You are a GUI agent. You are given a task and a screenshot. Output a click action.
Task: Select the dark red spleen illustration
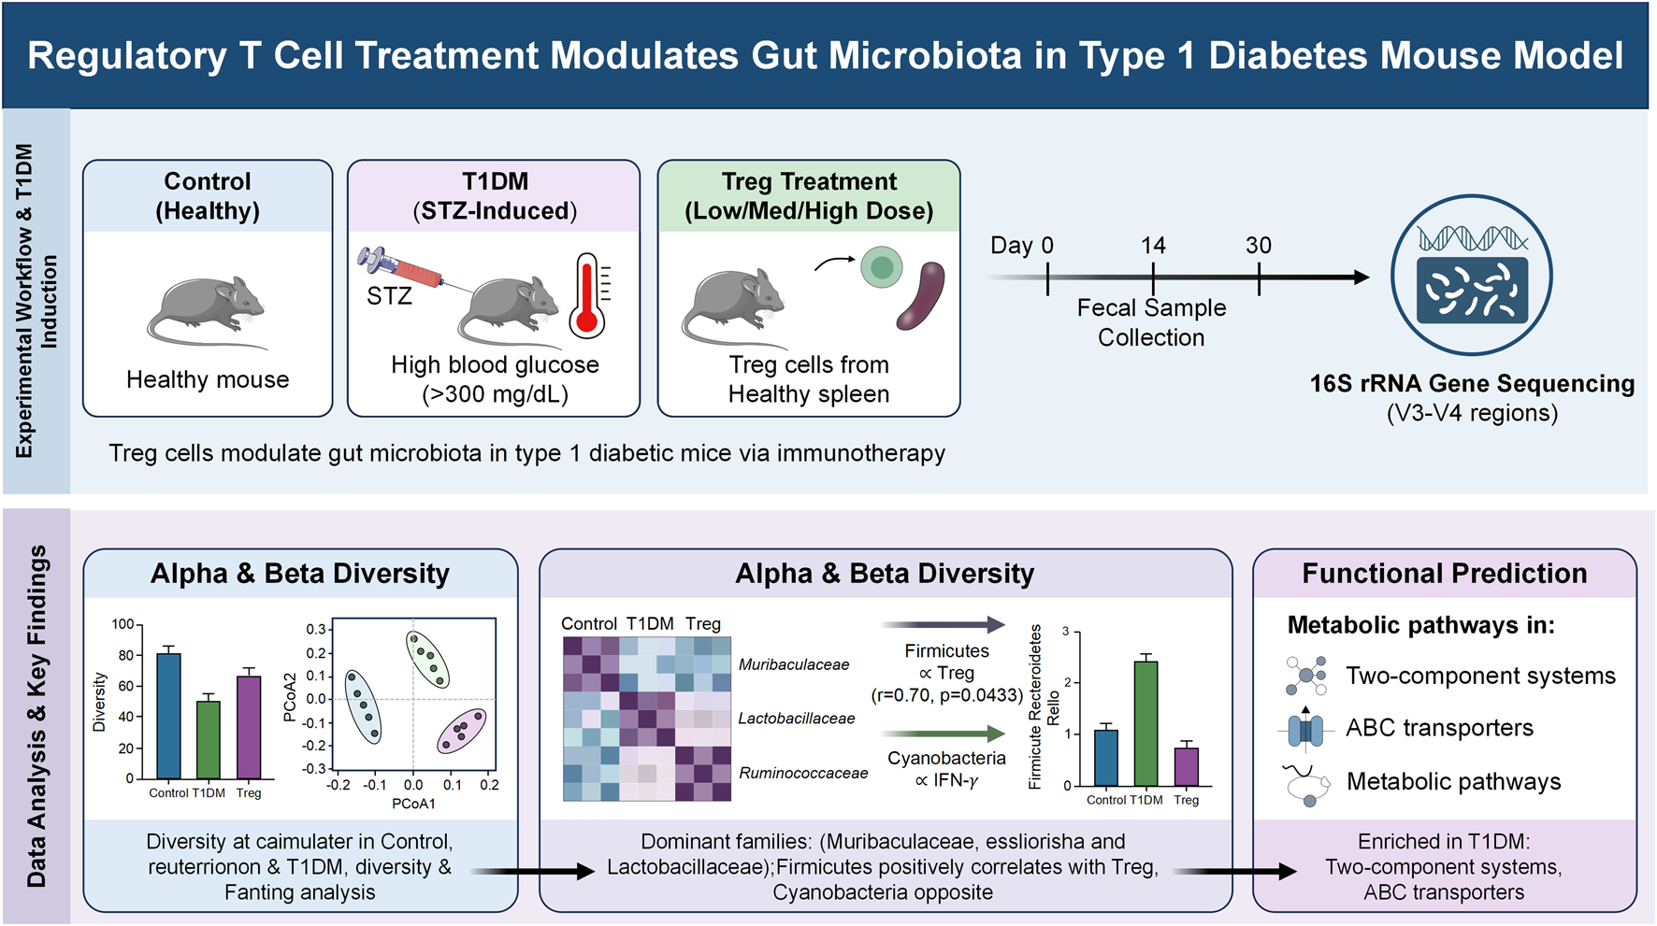point(921,295)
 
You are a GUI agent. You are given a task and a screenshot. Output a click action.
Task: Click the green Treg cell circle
point(881,267)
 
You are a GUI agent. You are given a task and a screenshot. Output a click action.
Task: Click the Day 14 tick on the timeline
point(1153,278)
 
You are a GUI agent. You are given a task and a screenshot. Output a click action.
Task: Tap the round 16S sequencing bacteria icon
point(1472,275)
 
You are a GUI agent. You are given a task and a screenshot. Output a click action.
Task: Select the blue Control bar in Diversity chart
point(169,716)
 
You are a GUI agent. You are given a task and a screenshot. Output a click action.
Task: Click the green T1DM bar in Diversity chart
point(209,739)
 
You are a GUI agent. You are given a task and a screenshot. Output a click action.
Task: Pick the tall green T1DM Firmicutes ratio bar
point(1145,723)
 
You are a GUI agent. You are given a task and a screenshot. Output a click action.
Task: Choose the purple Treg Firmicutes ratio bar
point(1186,766)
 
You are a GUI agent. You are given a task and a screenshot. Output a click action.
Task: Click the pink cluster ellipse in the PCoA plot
point(462,731)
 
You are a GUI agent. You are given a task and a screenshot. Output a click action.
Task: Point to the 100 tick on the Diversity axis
point(122,624)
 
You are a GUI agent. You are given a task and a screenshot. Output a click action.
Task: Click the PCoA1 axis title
point(413,804)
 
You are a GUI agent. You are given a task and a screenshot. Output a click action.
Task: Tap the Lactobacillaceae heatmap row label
point(797,719)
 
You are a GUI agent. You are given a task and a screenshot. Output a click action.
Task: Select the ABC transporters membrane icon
point(1305,729)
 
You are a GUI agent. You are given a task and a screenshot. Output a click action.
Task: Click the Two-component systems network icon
point(1306,676)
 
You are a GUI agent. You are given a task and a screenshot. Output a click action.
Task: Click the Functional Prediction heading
point(1444,573)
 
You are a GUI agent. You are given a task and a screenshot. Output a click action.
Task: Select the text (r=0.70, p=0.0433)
point(946,695)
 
